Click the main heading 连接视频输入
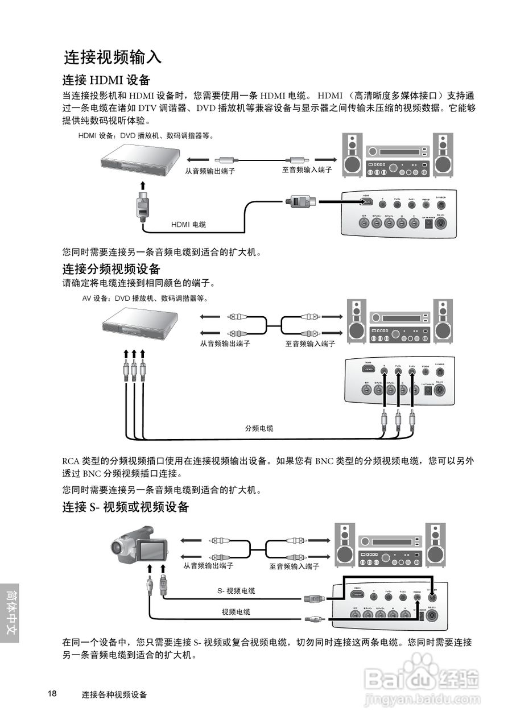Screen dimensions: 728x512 pyautogui.click(x=113, y=57)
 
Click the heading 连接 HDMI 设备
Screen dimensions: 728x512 pyautogui.click(x=106, y=80)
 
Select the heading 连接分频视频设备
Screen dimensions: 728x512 pyautogui.click(x=111, y=268)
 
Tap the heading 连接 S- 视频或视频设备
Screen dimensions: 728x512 pyautogui.click(x=125, y=507)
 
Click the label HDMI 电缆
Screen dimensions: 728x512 pyautogui.click(x=188, y=225)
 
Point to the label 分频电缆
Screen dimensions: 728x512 pyautogui.click(x=259, y=428)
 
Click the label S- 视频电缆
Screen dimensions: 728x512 pyautogui.click(x=236, y=591)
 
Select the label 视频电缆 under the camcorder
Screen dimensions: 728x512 pyautogui.click(x=236, y=612)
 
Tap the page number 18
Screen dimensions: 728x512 pyautogui.click(x=52, y=694)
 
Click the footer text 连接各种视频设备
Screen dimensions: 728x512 pyautogui.click(x=114, y=694)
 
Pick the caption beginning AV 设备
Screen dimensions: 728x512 pyautogui.click(x=145, y=298)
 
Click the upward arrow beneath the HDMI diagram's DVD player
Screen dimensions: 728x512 pyautogui.click(x=143, y=186)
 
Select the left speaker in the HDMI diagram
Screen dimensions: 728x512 pyautogui.click(x=353, y=154)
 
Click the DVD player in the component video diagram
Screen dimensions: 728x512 pyautogui.click(x=140, y=330)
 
